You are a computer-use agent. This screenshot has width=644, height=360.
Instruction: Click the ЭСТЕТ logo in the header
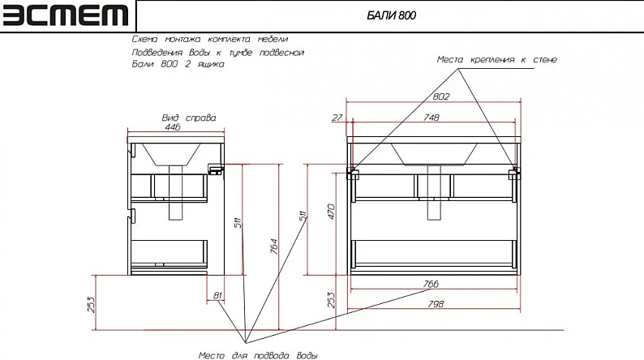tap(66, 15)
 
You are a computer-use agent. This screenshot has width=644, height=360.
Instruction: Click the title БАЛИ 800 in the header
tap(391, 15)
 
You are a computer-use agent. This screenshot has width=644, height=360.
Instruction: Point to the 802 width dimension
tap(441, 96)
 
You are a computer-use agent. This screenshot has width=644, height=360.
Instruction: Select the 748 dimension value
tap(431, 118)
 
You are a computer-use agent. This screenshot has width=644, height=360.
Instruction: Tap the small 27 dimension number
tap(337, 118)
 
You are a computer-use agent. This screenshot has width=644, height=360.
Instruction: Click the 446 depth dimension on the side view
tap(173, 127)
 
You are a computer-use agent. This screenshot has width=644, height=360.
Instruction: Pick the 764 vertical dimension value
tap(274, 246)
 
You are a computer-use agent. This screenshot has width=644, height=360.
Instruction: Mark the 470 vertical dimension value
tap(331, 212)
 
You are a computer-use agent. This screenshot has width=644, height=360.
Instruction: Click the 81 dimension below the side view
tap(217, 295)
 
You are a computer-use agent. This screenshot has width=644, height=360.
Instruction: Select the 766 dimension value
tap(431, 284)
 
